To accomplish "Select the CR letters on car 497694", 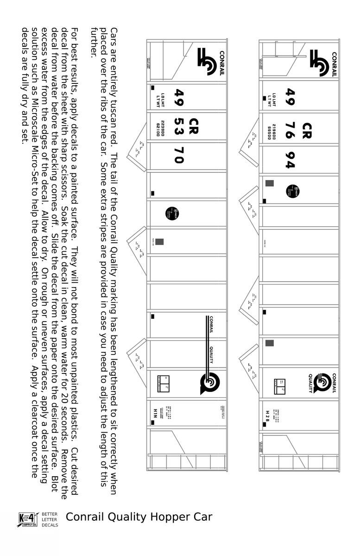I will click(306, 130).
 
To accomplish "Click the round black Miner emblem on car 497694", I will click(292, 191).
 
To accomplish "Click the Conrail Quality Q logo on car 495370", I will click(209, 383).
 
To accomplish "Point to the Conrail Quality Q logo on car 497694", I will click(322, 383).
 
